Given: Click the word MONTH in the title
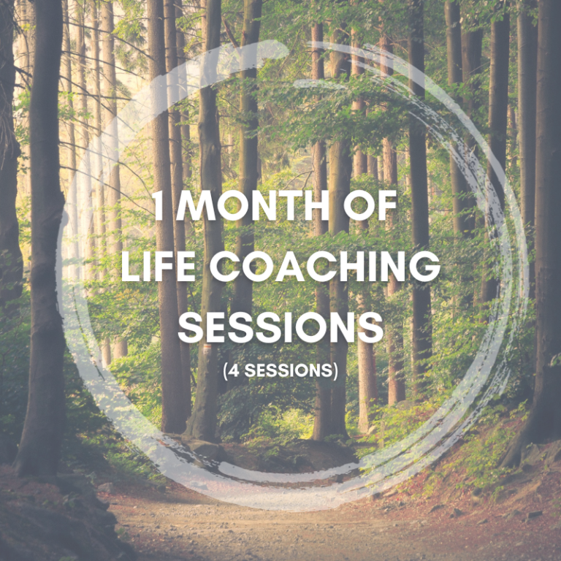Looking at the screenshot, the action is point(253,205).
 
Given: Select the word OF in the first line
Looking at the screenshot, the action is point(370,205).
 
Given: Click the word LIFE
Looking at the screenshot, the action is point(159,266).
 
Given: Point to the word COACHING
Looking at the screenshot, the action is point(325,266).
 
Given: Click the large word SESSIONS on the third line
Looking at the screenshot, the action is point(280,327).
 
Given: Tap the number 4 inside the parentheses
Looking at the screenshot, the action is point(234,370).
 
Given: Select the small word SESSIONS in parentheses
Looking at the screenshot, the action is point(289,370).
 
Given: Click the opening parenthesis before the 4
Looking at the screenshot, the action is point(226,371).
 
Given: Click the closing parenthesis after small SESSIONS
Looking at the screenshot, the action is point(335,371).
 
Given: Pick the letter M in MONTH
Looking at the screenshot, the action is point(196,205).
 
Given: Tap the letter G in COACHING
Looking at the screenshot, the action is point(425,266).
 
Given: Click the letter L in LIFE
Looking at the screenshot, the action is point(131,266).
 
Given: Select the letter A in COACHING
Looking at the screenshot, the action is point(288,266).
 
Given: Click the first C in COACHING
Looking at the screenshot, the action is point(224,266).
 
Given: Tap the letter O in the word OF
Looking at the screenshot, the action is point(359,205).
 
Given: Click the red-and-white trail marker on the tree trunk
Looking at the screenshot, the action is point(207,349).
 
